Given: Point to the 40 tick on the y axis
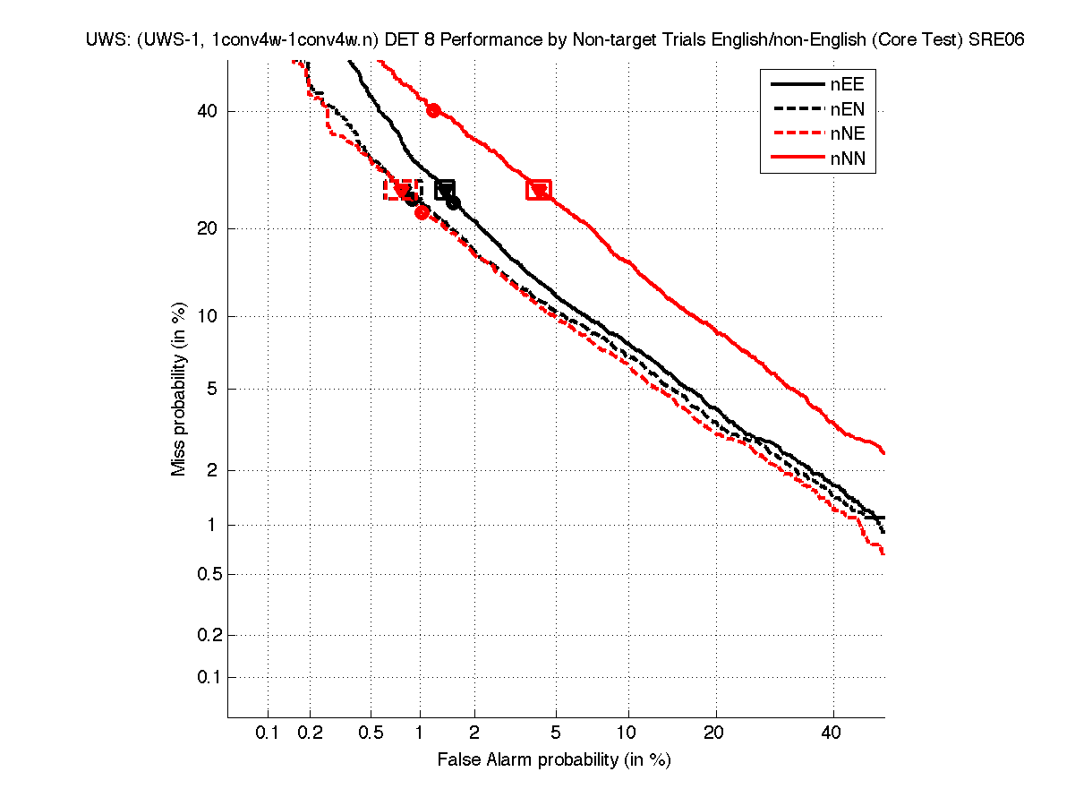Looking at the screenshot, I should click(209, 111).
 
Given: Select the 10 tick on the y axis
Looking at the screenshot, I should click(209, 316).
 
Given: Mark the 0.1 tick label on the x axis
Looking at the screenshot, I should click(268, 733).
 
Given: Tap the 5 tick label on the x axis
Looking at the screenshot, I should click(557, 733).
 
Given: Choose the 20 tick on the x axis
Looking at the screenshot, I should click(713, 733).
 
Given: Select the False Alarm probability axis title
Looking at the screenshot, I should click(554, 760).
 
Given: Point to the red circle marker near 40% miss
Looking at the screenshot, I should click(433, 111).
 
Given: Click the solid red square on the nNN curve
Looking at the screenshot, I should click(539, 190).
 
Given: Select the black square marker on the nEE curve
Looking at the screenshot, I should click(445, 189).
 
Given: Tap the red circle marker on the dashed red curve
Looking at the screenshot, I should click(422, 212).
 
